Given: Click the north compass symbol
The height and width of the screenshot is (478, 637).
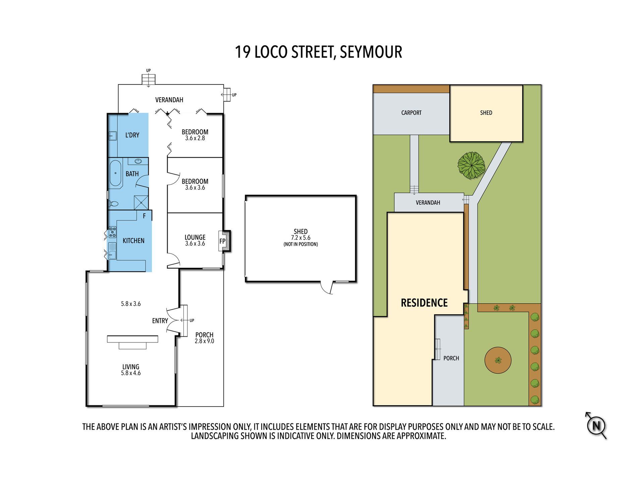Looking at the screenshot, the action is [x=596, y=426].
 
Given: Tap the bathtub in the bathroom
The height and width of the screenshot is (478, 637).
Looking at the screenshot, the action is [x=115, y=173].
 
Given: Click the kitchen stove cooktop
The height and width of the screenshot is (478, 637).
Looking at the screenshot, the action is [x=113, y=232].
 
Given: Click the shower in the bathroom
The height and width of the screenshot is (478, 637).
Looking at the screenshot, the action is [x=141, y=203].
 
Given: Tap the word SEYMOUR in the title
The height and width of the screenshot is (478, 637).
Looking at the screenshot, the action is [x=371, y=52].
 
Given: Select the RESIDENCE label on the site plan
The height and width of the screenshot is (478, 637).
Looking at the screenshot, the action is [x=424, y=303].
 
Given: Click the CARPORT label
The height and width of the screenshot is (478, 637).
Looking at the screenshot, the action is [x=411, y=113].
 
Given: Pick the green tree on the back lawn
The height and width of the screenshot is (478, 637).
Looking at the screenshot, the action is [x=471, y=165].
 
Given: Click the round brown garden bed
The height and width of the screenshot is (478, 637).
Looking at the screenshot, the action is [x=498, y=360].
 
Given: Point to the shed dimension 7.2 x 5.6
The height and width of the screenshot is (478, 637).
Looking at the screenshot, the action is [x=301, y=238].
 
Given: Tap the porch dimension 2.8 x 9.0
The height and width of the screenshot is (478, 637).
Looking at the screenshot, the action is [x=205, y=341].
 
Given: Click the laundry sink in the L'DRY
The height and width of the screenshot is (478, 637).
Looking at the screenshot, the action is [x=113, y=136].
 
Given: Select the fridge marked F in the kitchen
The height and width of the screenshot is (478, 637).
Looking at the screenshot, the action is [x=144, y=216].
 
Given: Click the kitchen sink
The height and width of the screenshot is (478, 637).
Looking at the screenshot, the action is [x=112, y=251].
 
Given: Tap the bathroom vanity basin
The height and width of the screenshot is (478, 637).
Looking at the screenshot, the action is [x=138, y=161].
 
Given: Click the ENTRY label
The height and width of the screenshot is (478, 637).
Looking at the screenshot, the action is [x=160, y=321].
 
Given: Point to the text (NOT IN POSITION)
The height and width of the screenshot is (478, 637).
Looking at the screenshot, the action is [x=301, y=244].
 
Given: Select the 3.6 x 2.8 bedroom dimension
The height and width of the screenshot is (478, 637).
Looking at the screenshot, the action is [x=195, y=138].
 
